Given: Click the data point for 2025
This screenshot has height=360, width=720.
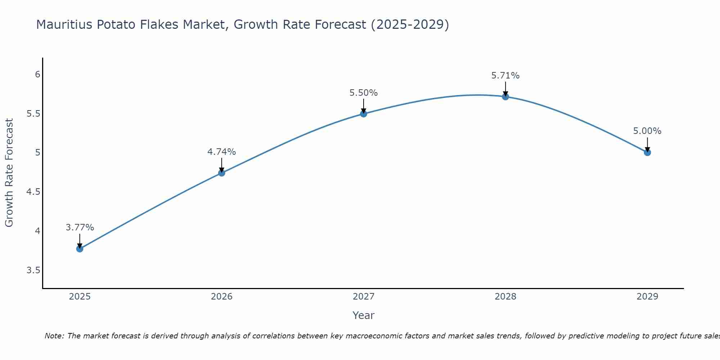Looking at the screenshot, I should tap(80, 249).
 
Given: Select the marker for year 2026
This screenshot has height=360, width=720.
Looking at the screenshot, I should tap(221, 173).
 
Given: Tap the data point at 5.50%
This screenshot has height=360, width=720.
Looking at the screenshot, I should tap(364, 114).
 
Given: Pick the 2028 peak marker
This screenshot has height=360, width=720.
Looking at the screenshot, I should tap(505, 96).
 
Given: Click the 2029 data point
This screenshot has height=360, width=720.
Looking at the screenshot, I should tap(647, 152).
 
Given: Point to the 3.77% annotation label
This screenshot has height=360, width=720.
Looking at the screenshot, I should tap(80, 228).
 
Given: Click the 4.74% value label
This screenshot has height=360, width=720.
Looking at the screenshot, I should tap(221, 152).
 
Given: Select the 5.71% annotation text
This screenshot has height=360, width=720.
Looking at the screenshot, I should tap(505, 76).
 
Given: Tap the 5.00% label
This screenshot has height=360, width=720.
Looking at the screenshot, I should tap(647, 131).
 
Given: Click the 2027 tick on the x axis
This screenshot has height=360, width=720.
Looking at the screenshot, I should tap(364, 297).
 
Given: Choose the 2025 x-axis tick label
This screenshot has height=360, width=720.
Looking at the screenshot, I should tap(80, 297).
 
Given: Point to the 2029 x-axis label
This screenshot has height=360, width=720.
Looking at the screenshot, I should tap(647, 297).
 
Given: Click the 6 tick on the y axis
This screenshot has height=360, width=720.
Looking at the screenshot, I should tap(37, 75).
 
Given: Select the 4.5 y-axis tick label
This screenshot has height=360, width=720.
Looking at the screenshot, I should tap(33, 192).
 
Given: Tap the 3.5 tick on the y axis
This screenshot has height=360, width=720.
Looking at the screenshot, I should tap(33, 270).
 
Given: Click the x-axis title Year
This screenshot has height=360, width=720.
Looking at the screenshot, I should tap(364, 315).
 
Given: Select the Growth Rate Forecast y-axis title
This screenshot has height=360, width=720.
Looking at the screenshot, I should tap(9, 173).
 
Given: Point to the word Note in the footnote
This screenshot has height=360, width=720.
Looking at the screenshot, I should tap(54, 336).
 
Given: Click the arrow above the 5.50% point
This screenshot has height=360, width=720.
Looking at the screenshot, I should tap(364, 105).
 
